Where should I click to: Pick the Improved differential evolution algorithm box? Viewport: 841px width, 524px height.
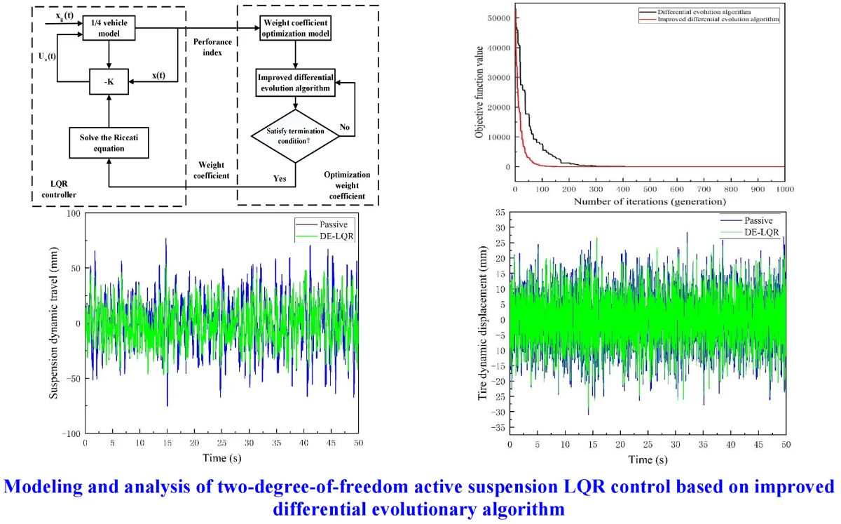pos(294,82)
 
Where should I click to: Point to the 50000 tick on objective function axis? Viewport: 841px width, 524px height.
pos(499,18)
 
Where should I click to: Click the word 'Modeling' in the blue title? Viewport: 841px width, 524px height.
pos(50,487)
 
